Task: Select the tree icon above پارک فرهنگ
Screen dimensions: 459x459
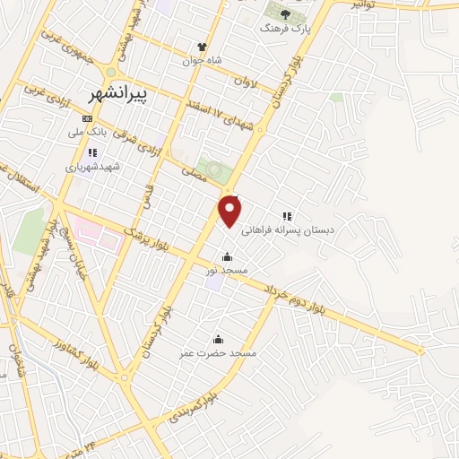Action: click(x=285, y=13)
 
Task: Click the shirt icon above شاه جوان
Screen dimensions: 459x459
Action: click(x=203, y=47)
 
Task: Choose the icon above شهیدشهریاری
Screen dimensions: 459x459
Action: click(x=91, y=152)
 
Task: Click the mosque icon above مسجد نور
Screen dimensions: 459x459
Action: click(x=227, y=255)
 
